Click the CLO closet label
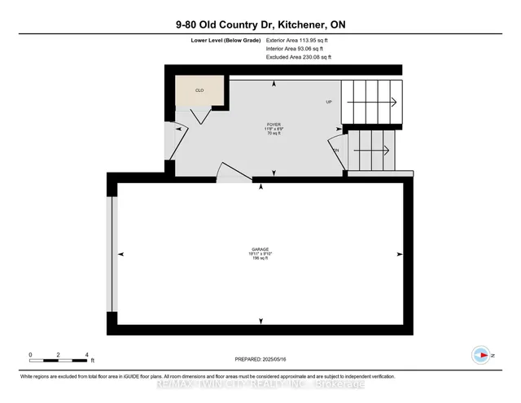click(x=200, y=90)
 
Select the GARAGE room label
click(x=260, y=248)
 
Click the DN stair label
click(x=335, y=151)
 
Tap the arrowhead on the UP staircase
click(x=393, y=103)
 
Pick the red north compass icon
click(x=481, y=355)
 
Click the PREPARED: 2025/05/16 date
click(x=260, y=359)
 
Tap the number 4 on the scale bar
click(x=85, y=355)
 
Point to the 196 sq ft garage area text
click(x=260, y=259)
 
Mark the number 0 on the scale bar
click(x=30, y=355)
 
